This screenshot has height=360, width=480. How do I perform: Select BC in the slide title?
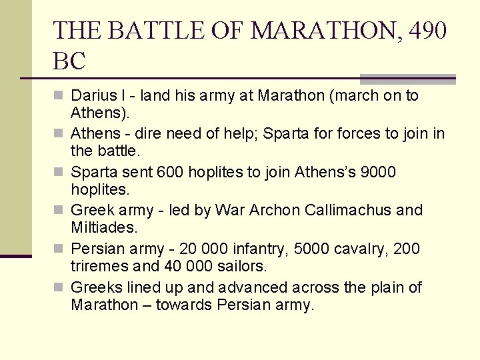[x=69, y=61]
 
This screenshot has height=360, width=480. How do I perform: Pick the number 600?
[x=171, y=173]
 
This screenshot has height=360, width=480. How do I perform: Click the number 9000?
[x=378, y=173]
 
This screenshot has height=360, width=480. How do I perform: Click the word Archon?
[x=275, y=211]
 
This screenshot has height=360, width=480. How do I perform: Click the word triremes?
[x=97, y=266]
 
